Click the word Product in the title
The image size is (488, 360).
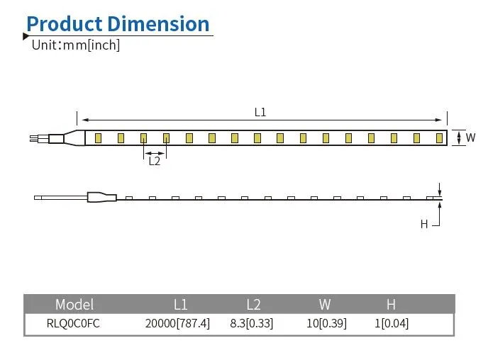pyautogui.click(x=64, y=23)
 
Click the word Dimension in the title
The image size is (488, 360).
pyautogui.click(x=158, y=23)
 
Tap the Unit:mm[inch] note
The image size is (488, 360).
pyautogui.click(x=76, y=45)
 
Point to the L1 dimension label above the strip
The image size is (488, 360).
pyautogui.click(x=260, y=112)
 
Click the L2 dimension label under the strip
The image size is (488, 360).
pyautogui.click(x=154, y=161)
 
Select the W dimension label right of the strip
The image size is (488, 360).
pyautogui.click(x=470, y=137)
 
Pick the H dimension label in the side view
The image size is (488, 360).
pyautogui.click(x=424, y=224)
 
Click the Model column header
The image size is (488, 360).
pyautogui.click(x=74, y=305)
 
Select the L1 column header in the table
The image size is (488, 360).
pyautogui.click(x=181, y=305)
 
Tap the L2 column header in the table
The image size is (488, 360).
pyautogui.click(x=253, y=305)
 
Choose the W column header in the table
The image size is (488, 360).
pyautogui.click(x=325, y=305)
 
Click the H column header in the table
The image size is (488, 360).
pyautogui.click(x=391, y=305)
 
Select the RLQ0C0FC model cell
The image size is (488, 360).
pyautogui.click(x=73, y=324)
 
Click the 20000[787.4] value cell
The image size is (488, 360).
pyautogui.click(x=177, y=324)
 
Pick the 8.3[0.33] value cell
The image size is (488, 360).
pyautogui.click(x=252, y=324)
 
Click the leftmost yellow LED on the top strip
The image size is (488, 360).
pyautogui.click(x=98, y=137)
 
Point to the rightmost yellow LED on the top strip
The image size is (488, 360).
pyautogui.click(x=440, y=137)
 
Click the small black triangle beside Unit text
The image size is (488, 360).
pyautogui.click(x=26, y=37)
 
